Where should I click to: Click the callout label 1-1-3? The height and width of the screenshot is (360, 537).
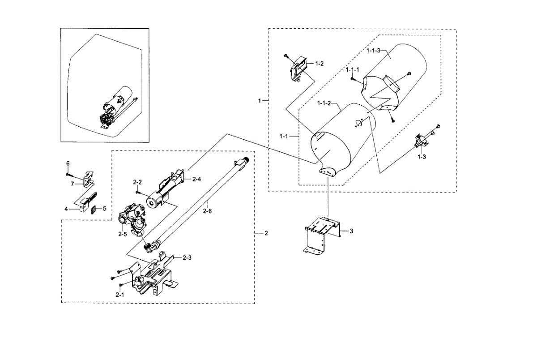coord(373,51)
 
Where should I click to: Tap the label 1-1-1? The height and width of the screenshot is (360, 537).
coord(352,70)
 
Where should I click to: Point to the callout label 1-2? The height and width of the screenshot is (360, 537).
coord(319,64)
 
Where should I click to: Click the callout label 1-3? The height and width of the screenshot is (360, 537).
coord(422,157)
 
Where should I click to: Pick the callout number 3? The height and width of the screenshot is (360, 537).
coord(351,231)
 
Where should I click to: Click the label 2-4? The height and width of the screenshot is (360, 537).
coord(197,179)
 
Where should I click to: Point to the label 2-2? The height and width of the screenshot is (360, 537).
coord(137,182)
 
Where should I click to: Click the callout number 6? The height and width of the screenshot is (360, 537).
coord(68,163)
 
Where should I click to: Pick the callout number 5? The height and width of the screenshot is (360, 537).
coord(105,208)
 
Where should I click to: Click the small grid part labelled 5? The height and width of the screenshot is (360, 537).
coord(94,209)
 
